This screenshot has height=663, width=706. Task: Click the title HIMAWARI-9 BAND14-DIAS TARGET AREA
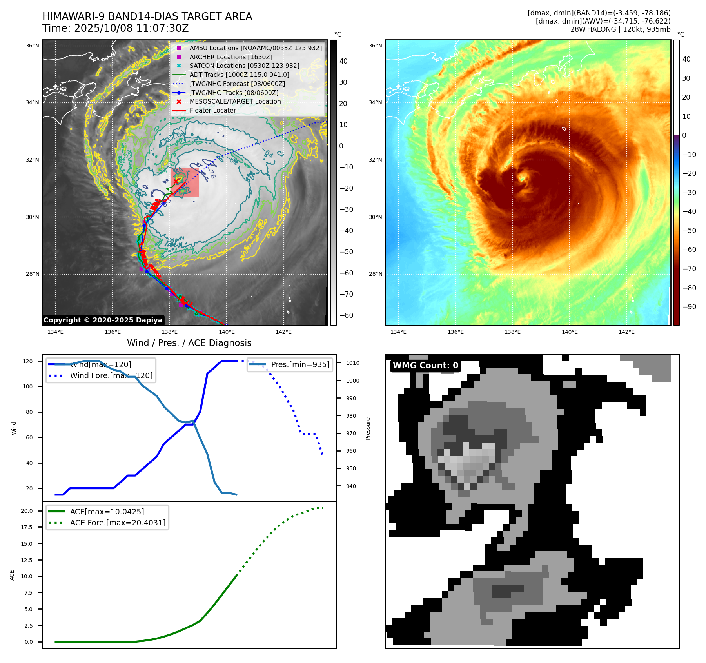click(147, 16)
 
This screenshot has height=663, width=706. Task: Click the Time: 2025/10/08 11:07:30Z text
click(116, 28)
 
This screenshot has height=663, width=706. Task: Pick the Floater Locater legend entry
click(212, 110)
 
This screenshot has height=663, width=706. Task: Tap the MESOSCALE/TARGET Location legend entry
click(235, 101)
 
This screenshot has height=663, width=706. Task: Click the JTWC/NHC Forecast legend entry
click(237, 84)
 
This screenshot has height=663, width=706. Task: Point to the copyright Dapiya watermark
click(103, 320)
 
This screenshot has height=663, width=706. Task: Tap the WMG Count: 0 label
click(425, 366)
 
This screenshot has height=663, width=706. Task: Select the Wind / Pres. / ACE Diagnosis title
click(189, 343)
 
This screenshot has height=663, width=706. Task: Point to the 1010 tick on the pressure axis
click(352, 363)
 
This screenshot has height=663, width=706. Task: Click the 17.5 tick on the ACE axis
click(27, 527)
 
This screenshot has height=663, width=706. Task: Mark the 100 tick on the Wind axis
click(28, 386)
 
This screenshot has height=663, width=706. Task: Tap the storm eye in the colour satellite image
click(522, 178)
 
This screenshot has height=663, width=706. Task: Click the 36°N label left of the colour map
click(375, 46)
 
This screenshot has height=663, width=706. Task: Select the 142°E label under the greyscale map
click(283, 332)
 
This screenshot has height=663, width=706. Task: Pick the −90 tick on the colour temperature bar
click(689, 307)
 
